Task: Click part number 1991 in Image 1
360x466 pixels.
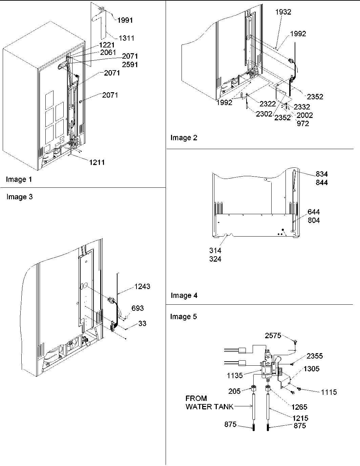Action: [x=125, y=20]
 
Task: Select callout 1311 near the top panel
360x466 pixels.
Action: [x=126, y=38]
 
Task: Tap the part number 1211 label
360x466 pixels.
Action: [x=97, y=162]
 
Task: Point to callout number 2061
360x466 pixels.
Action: [x=108, y=52]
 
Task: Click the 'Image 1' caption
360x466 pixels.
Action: [x=19, y=180]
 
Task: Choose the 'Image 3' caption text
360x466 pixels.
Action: [x=19, y=197]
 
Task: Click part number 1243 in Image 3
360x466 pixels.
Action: [x=142, y=287]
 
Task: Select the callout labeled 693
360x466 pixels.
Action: [x=137, y=308]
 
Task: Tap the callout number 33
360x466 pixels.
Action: [x=142, y=324]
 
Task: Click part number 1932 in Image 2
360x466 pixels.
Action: [x=283, y=12]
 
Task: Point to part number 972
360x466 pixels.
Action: [x=303, y=124]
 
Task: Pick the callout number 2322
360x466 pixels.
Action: [x=268, y=104]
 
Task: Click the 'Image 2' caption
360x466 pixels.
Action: [x=183, y=138]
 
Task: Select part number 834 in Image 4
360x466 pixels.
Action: [x=322, y=174]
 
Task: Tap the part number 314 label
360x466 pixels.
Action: [x=215, y=251]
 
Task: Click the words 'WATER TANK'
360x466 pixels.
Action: [x=209, y=407]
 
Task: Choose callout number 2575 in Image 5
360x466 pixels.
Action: [x=273, y=336]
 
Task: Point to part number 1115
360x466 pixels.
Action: [x=329, y=392]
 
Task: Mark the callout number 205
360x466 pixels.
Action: [x=234, y=391]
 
